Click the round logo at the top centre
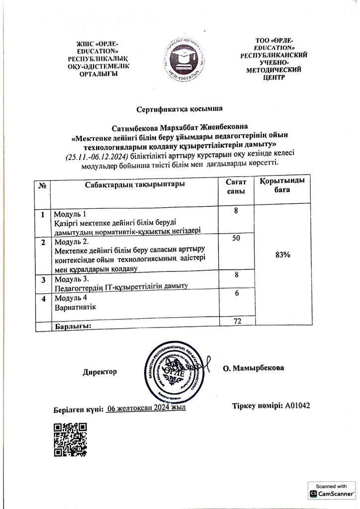[180, 58]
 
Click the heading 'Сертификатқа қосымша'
[180, 107]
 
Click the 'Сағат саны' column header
[236, 187]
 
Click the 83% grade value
[282, 254]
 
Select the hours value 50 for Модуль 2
[236, 239]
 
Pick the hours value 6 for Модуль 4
[237, 294]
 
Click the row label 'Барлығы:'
[74, 326]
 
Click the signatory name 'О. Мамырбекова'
[254, 368]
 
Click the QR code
[70, 440]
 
